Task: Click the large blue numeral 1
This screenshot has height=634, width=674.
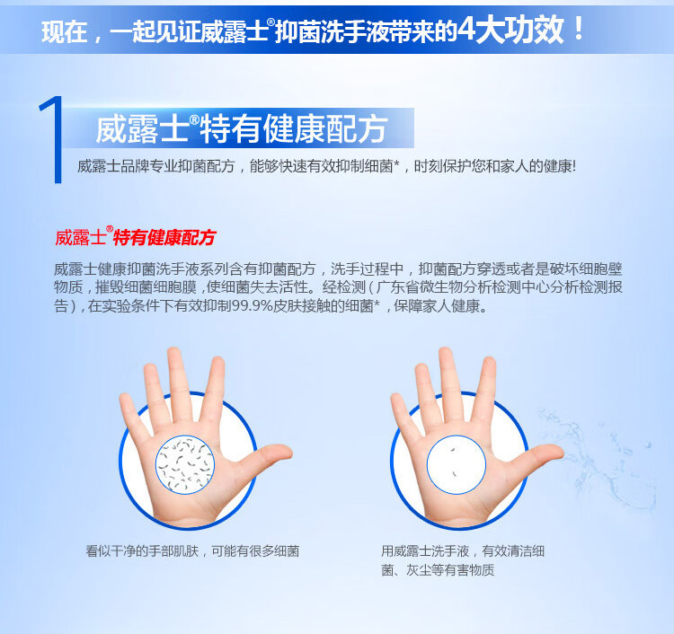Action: point(52,139)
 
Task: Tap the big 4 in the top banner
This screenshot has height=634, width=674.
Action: point(466,30)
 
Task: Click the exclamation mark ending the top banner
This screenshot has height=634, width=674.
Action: point(578,28)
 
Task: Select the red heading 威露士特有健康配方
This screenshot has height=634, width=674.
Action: point(135,237)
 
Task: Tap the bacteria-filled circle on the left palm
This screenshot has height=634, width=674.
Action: point(185,464)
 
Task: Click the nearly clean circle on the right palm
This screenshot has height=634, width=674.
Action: point(456,464)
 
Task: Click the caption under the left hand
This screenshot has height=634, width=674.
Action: point(192,551)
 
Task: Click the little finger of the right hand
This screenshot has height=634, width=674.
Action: point(404,416)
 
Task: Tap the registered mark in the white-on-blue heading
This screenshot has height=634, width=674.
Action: point(195,119)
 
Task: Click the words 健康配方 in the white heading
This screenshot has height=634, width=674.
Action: point(325,128)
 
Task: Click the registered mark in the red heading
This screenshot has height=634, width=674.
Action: point(110,229)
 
